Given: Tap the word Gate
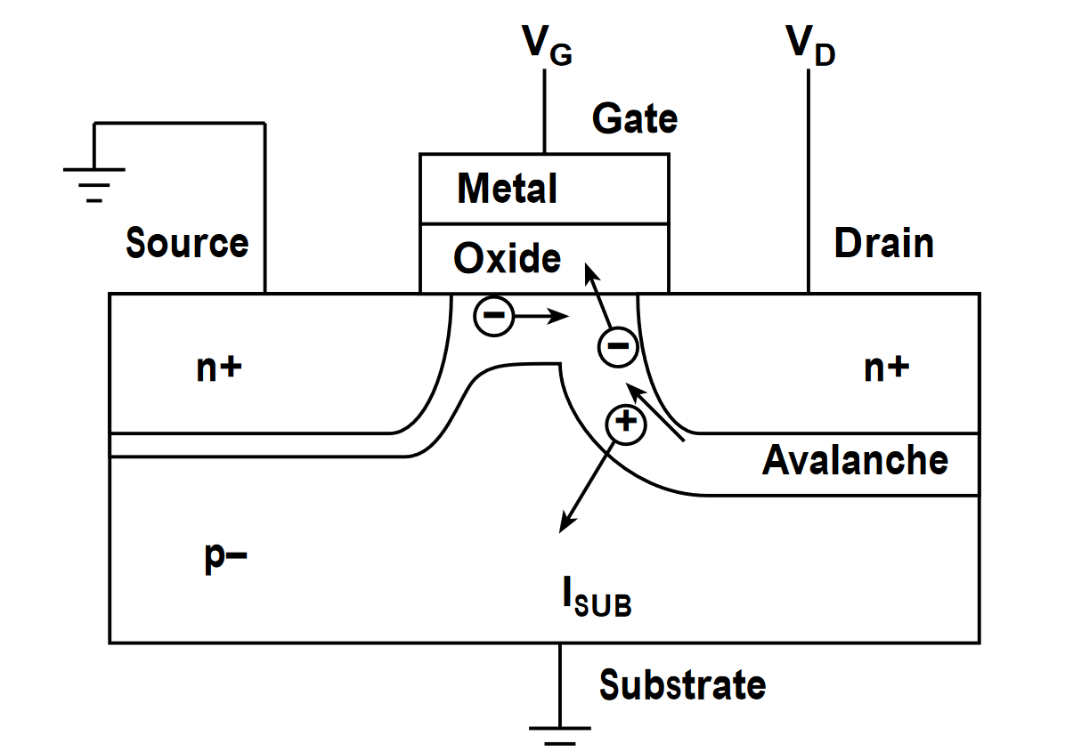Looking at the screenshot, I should click(x=635, y=118).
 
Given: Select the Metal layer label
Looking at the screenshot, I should click(x=507, y=189).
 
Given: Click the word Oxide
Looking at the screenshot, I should click(x=507, y=258).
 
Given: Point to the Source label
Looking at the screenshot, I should click(x=187, y=242).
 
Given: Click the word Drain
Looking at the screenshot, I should click(x=883, y=243).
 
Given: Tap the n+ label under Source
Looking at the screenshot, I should click(x=219, y=368).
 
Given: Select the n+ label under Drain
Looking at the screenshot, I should click(x=886, y=368).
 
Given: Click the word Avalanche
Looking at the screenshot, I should click(x=855, y=460).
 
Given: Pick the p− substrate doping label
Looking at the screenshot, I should click(x=223, y=559).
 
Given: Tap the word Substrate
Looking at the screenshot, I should click(x=682, y=685).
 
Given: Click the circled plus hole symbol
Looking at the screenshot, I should click(x=625, y=423).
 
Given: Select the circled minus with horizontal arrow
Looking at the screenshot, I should click(x=492, y=315).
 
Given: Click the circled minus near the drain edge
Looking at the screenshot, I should click(x=616, y=346).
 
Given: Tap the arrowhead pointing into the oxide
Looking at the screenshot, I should click(x=589, y=269).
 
